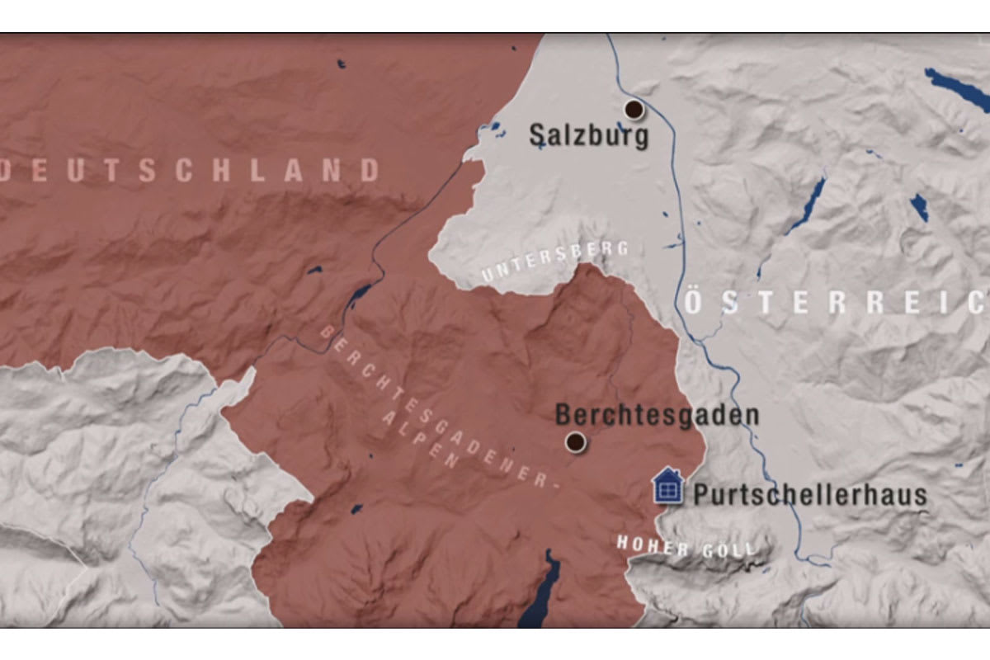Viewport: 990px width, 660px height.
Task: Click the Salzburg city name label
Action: (x=588, y=135)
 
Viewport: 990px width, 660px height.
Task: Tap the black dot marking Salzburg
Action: (x=634, y=109)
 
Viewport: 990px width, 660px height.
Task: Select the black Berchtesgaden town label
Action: (x=657, y=414)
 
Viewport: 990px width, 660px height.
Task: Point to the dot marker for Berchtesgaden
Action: (x=576, y=442)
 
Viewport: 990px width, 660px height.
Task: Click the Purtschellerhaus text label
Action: (x=810, y=495)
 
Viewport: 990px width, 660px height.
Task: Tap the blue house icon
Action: (x=667, y=487)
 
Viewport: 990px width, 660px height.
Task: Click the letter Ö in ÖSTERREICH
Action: (x=695, y=302)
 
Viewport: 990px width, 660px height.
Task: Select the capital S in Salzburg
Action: (x=538, y=135)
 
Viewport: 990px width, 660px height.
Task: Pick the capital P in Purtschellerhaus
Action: (x=702, y=495)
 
